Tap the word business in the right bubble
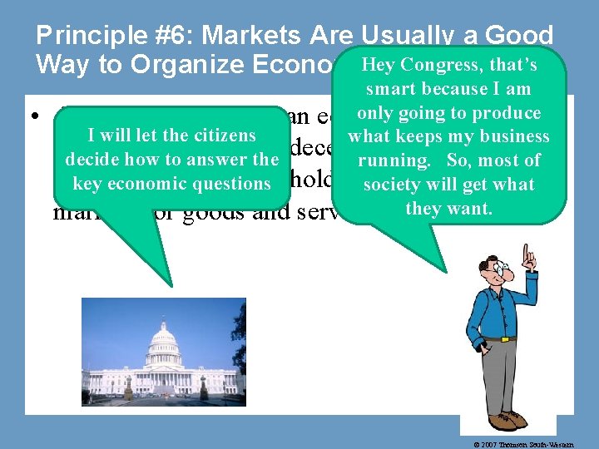click(x=515, y=136)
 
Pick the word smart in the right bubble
click(x=392, y=88)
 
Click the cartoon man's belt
click(x=501, y=339)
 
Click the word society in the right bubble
click(x=394, y=184)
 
